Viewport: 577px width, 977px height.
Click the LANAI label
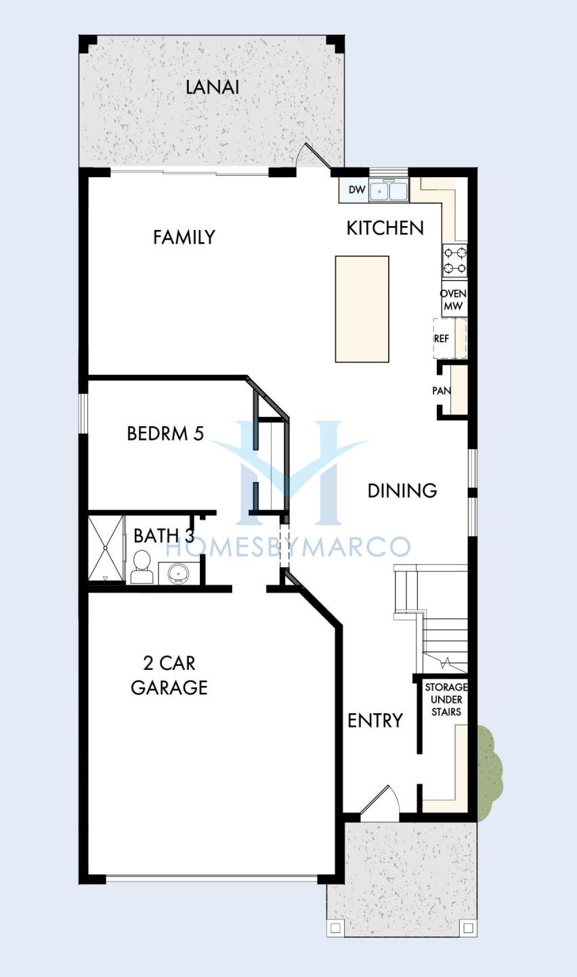click(212, 87)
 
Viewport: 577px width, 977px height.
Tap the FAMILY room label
click(184, 237)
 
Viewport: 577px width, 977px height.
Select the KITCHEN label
click(385, 228)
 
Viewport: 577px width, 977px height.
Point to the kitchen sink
click(389, 191)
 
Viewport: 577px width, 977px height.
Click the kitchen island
click(362, 309)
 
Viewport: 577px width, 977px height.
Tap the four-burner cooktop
click(455, 260)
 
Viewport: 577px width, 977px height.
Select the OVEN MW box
click(454, 300)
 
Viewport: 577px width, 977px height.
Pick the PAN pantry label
click(442, 390)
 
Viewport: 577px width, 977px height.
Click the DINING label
click(402, 491)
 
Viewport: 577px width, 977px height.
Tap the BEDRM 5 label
click(165, 434)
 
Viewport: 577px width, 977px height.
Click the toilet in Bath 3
click(142, 567)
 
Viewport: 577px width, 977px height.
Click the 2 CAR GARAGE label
click(169, 675)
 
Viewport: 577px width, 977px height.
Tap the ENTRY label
click(375, 721)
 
